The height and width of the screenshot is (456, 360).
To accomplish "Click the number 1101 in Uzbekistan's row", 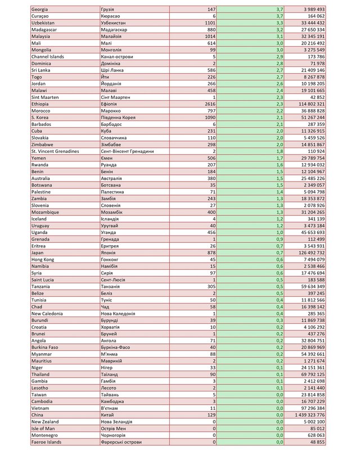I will pos(209,24).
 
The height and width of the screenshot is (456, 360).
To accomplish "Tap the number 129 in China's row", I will pos(210,415).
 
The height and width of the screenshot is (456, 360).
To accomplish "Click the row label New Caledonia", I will pos(51,313).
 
